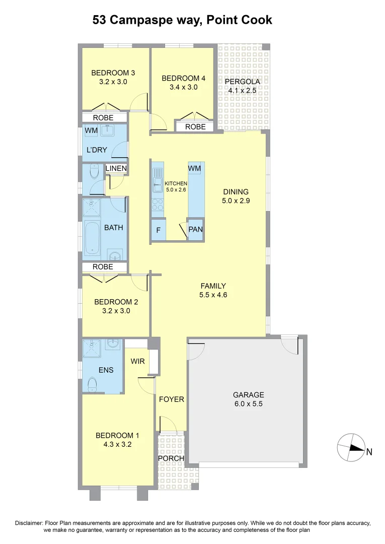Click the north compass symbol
coord(351,448)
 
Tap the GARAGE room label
coord(248,395)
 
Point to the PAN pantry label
coord(195,230)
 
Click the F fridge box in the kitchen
coord(158,230)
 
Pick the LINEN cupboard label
coord(116,168)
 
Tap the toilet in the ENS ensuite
coord(92,386)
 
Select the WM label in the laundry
coord(91,131)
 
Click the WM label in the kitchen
coord(195,168)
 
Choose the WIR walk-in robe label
coord(137,361)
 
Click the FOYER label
coord(172,399)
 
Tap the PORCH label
coord(171,459)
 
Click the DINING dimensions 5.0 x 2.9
coord(236,200)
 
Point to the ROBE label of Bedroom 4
coord(195,127)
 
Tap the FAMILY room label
coord(213,286)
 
